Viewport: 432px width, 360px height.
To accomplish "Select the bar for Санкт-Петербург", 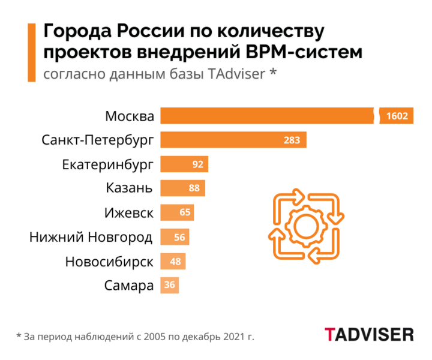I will [x=234, y=140].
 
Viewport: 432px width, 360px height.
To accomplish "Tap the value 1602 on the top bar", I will [x=397, y=116].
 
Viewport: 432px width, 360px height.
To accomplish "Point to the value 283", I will [x=292, y=140].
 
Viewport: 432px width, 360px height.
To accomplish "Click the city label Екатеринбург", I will [x=107, y=164].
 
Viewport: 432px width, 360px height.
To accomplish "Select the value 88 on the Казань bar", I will [x=194, y=188].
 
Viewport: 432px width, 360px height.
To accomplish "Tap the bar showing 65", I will [x=178, y=212].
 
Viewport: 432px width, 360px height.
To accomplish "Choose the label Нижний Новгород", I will [x=91, y=237].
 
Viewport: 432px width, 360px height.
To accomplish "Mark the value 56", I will [x=179, y=237].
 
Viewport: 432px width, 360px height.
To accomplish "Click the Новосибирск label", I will [x=109, y=262].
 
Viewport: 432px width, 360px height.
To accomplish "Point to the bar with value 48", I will [x=174, y=262].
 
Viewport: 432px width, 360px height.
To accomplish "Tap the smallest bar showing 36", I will [x=170, y=286].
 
